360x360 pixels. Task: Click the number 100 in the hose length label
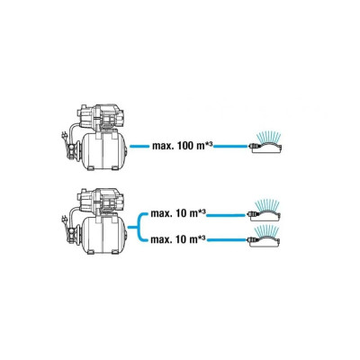(187, 147)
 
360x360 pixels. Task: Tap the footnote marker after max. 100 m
(210, 144)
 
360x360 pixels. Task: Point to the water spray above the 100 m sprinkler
(267, 137)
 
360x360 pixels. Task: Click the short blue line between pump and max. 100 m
(139, 147)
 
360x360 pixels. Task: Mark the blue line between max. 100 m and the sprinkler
(231, 147)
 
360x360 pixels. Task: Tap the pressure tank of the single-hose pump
(103, 151)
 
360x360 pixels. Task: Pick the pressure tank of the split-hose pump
(103, 235)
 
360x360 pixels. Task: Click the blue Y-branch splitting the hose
(139, 228)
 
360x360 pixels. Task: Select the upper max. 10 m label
(178, 214)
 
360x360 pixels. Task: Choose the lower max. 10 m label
(178, 240)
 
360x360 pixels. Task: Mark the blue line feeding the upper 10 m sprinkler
(227, 215)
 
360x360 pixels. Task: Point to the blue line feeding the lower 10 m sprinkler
(227, 240)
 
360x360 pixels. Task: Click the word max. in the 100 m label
(164, 147)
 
